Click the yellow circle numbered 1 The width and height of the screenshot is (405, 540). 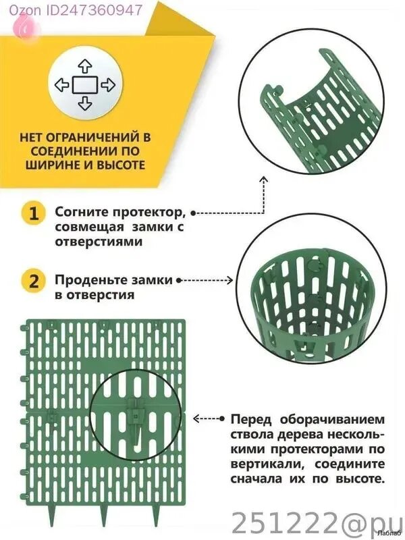coord(33,213)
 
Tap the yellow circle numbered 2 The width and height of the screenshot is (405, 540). coord(33,281)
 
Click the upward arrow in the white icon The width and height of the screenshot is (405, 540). coord(85,66)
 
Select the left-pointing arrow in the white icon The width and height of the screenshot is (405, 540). coord(62,85)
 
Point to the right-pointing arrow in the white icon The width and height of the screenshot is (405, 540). coord(108,85)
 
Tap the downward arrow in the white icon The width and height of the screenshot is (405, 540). coord(85,103)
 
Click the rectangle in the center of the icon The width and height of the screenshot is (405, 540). coord(85,85)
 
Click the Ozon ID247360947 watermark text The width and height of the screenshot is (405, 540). coord(76,10)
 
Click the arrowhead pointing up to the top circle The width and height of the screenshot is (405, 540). coord(263,180)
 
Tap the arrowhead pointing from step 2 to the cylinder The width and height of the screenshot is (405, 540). coord(230,280)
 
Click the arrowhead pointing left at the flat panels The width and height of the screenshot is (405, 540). coord(196,418)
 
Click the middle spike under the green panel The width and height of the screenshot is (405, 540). coord(104,515)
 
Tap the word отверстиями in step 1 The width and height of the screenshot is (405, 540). coord(99,242)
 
